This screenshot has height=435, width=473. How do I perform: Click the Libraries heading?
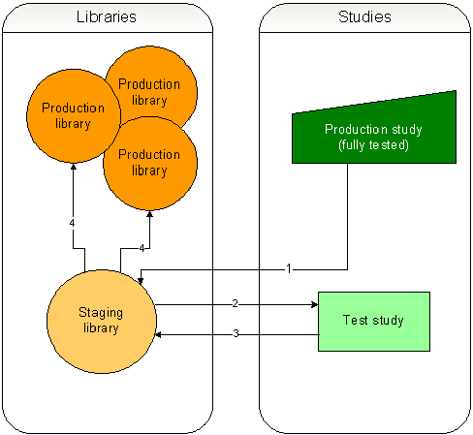[106, 17]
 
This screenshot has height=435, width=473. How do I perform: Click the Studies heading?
[364, 17]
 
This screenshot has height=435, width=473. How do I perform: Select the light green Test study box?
[373, 320]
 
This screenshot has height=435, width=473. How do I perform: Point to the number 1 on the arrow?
[288, 267]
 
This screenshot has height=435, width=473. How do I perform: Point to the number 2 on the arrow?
[235, 303]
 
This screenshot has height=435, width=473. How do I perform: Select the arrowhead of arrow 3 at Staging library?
[161, 335]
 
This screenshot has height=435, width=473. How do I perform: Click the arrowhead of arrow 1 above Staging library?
[141, 282]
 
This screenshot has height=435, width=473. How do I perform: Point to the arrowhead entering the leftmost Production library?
[74, 166]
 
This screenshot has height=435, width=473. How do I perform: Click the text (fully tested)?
[373, 144]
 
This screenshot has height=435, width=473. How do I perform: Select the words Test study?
[373, 320]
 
